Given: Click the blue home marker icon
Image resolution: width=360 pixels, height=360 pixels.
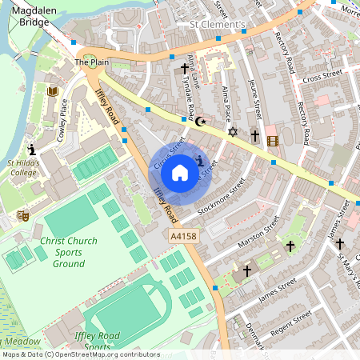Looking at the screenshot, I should coord(180,172).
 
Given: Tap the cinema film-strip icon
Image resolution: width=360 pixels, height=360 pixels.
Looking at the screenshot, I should coord(274,142).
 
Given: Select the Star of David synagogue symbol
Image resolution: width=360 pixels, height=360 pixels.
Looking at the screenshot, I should coord(234,131).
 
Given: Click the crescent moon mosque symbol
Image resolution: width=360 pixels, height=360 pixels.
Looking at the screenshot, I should coord(201,121).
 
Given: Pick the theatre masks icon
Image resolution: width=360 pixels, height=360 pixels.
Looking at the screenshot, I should coord(24,215).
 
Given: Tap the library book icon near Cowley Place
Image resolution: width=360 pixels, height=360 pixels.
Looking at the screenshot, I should coord(53,92).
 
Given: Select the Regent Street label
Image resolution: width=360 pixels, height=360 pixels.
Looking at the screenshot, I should coord(293,323).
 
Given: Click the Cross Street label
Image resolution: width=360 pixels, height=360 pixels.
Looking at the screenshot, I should coord(322,74).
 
